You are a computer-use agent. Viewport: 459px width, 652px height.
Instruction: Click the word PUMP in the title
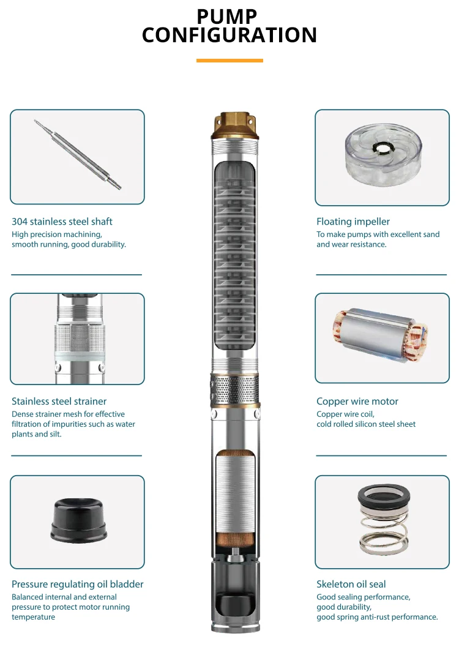(x=227, y=17)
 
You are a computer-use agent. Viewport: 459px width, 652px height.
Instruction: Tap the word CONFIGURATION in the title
(x=229, y=35)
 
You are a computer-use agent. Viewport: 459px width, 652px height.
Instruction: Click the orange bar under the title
(x=229, y=61)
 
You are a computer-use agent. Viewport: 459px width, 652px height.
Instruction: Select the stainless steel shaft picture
(x=78, y=155)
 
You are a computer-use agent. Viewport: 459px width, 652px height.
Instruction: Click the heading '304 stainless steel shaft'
(x=62, y=222)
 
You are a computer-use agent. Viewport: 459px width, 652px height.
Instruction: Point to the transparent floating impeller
(x=383, y=154)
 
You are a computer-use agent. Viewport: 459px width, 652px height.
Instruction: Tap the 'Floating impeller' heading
(x=353, y=222)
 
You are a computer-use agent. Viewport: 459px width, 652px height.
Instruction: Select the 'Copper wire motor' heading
(x=357, y=401)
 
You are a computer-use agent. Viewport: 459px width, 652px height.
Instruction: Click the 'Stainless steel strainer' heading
(x=59, y=401)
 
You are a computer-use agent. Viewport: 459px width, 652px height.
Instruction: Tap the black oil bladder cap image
(x=78, y=520)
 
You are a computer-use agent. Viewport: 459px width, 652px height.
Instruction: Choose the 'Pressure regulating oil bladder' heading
(x=77, y=584)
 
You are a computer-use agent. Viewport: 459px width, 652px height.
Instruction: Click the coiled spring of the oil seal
(x=383, y=535)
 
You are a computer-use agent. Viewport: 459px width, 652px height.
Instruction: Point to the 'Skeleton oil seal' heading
(x=351, y=584)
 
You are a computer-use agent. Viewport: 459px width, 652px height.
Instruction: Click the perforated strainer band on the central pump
(x=235, y=389)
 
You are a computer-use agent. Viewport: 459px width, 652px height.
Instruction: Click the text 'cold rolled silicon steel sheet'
(x=366, y=424)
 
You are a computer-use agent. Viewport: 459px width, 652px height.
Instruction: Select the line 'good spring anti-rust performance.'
(x=377, y=617)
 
